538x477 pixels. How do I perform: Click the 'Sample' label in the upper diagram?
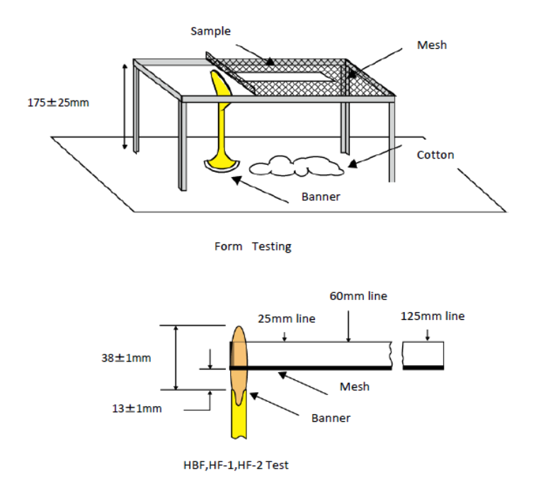coord(211,32)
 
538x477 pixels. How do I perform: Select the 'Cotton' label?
coord(435,155)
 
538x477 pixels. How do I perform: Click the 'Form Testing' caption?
coord(253,246)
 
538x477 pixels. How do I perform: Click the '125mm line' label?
coord(433,316)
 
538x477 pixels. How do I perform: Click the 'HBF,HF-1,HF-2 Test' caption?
coord(236,465)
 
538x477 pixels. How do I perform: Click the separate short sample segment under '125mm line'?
coord(423,355)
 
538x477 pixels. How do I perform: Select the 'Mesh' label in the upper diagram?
coord(433,45)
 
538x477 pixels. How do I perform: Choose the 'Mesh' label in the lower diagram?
coord(354,386)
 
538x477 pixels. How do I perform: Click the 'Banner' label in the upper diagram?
coord(321,196)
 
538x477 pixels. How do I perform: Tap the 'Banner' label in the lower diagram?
coord(331,418)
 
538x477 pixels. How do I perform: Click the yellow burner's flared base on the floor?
coord(222,165)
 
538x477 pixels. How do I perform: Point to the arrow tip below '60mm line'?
coord(349,340)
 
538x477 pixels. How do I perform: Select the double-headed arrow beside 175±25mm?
coord(126,106)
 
